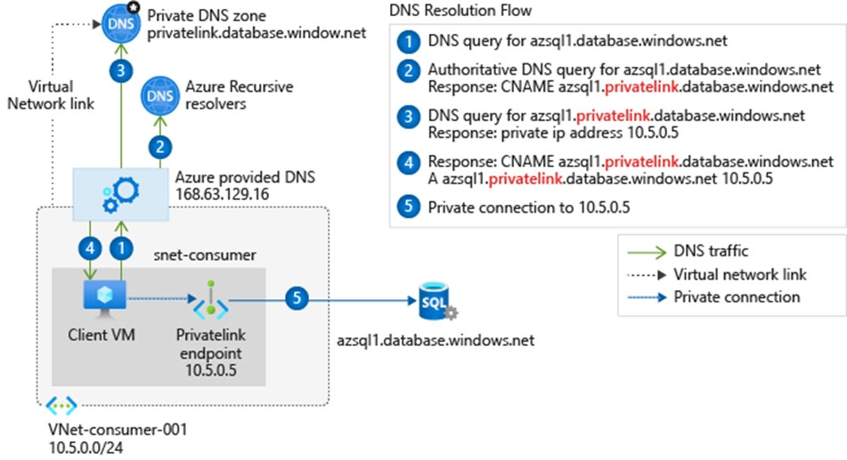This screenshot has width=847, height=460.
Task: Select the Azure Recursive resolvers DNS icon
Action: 160,96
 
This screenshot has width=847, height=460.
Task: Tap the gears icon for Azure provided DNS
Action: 121,195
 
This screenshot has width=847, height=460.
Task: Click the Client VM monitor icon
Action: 105,300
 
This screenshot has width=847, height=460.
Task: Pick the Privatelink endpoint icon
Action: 211,300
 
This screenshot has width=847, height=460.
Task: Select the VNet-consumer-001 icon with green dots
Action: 61,405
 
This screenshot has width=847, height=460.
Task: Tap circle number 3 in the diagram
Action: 121,70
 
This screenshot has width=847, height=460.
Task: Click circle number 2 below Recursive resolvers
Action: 160,147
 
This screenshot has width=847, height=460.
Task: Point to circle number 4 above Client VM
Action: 90,248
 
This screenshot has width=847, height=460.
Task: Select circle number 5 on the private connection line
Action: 297,299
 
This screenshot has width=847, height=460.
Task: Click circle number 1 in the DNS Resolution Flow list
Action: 409,42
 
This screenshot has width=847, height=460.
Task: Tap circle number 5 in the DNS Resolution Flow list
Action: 409,206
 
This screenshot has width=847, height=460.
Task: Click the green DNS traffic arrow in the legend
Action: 647,252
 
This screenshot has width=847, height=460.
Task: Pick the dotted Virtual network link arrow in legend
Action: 647,275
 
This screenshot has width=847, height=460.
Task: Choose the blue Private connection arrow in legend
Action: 647,297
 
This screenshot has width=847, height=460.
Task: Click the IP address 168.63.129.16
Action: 222,194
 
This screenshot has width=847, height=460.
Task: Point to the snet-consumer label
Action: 205,254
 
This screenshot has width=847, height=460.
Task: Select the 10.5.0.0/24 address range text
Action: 86,448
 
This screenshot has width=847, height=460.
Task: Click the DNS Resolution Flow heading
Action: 460,11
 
